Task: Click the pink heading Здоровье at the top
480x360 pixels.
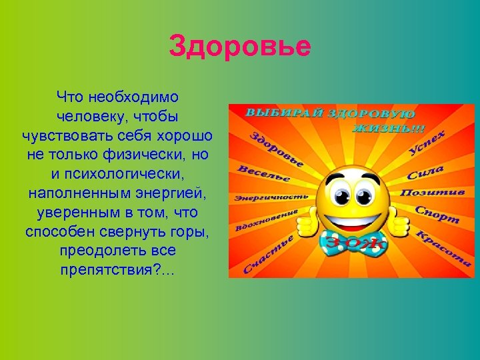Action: coord(240,47)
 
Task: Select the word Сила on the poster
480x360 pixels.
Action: coord(425,174)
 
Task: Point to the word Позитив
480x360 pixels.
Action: coord(431,193)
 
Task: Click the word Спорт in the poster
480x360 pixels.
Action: coord(437,214)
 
